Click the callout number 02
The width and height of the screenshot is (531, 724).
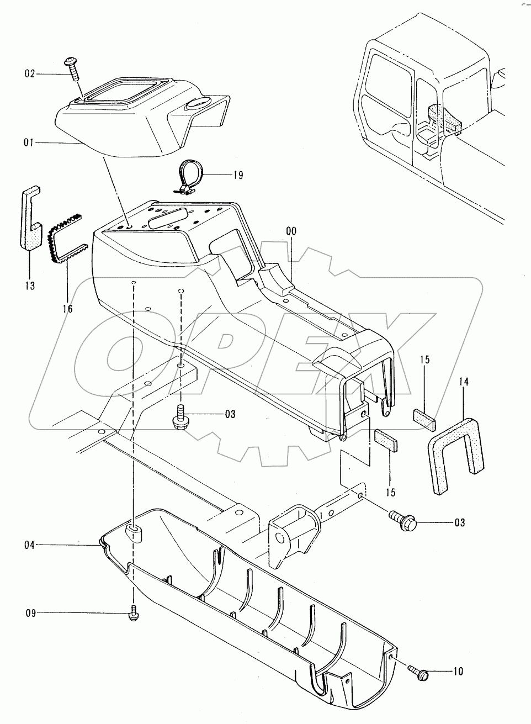30,74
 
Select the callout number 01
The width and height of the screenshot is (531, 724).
29,142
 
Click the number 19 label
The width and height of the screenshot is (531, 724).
238,175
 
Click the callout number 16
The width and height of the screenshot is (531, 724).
67,309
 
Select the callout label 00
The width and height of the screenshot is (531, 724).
291,231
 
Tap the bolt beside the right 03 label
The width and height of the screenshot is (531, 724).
403,521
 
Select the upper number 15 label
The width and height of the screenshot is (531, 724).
425,360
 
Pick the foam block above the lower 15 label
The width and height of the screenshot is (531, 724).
386,440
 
